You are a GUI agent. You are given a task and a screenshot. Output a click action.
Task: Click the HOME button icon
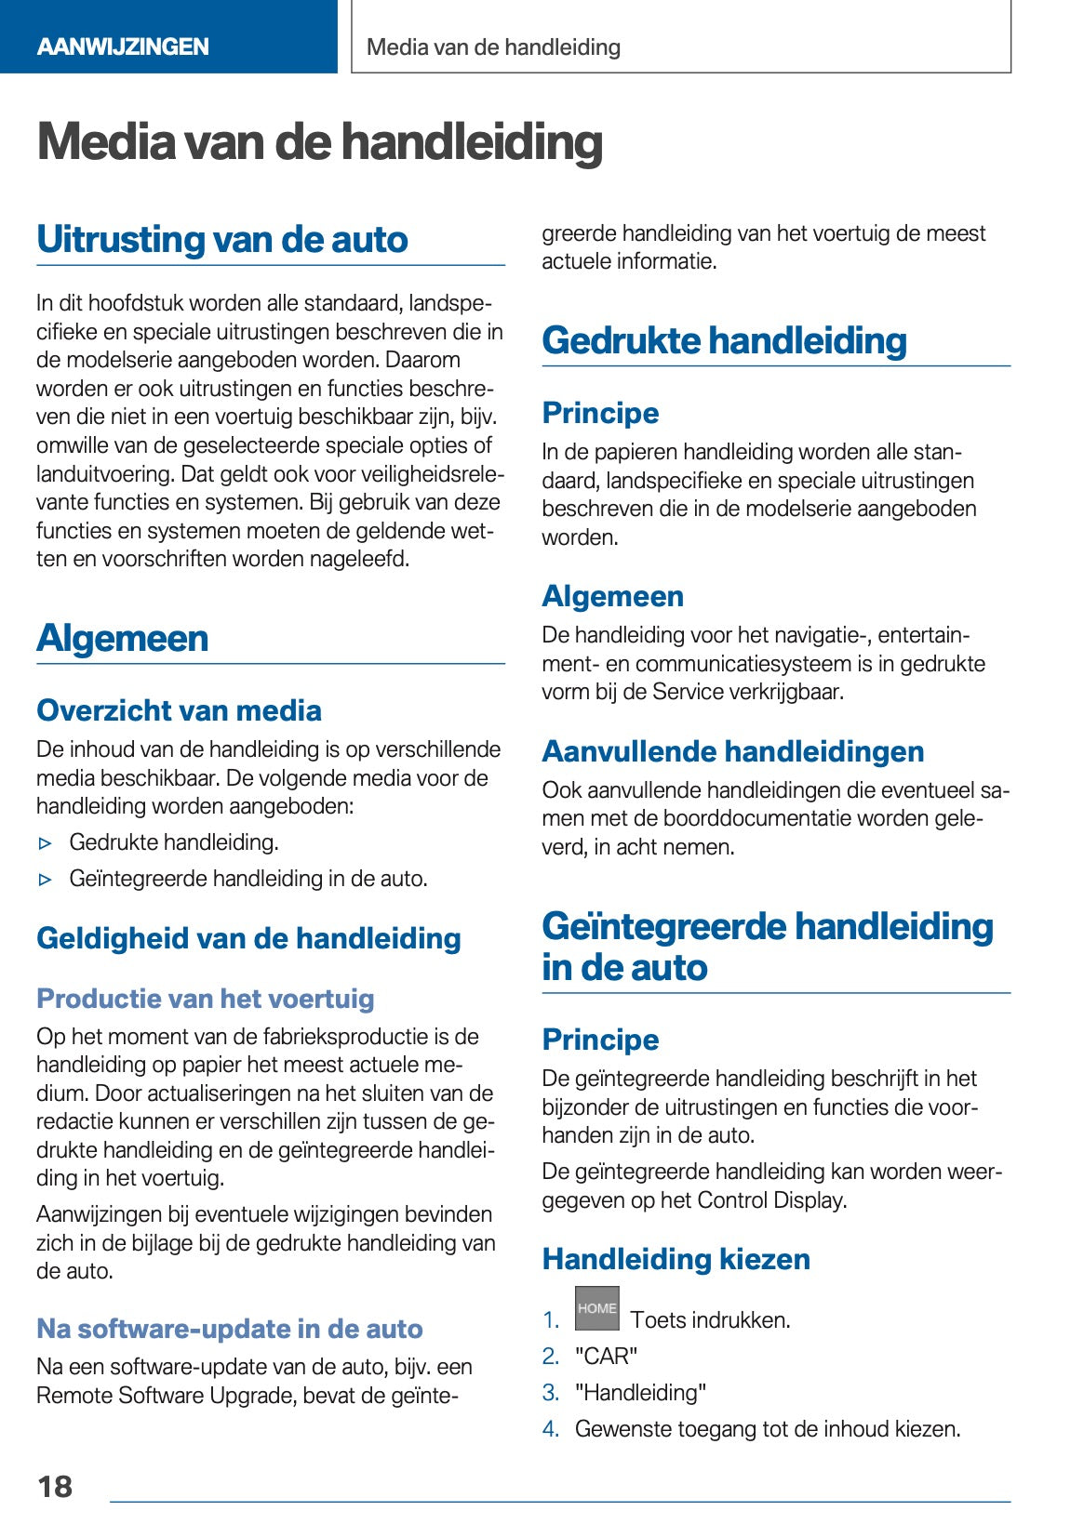[x=596, y=1308]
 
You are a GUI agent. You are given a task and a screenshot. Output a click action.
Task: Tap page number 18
[x=55, y=1486]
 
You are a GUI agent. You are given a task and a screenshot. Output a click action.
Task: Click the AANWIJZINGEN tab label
[x=123, y=46]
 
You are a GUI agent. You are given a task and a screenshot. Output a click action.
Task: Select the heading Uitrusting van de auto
[x=222, y=239]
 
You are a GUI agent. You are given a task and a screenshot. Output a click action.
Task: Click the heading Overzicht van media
[x=179, y=710]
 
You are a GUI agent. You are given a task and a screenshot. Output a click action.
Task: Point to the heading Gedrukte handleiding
[x=724, y=340]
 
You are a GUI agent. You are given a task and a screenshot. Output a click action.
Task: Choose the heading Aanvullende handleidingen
[x=733, y=751]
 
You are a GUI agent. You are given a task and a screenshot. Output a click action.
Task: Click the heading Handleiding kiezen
[x=676, y=1259]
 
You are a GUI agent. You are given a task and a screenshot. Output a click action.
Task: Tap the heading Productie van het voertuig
[x=205, y=999]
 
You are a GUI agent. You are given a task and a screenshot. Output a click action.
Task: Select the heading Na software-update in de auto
[x=229, y=1329]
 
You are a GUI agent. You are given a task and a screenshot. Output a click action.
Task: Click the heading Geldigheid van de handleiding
[x=248, y=938]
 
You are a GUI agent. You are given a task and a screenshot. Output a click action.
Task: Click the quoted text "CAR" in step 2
[x=607, y=1357]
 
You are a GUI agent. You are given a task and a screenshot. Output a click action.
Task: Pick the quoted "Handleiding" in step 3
[x=640, y=1393]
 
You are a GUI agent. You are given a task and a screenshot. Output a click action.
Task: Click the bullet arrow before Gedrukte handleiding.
[x=46, y=843]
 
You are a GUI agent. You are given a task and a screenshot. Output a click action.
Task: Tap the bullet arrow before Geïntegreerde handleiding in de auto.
[x=46, y=880]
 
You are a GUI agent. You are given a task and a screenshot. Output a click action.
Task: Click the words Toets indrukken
[x=710, y=1320]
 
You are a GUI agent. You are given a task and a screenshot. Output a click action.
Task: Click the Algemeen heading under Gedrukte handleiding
[x=612, y=596]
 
